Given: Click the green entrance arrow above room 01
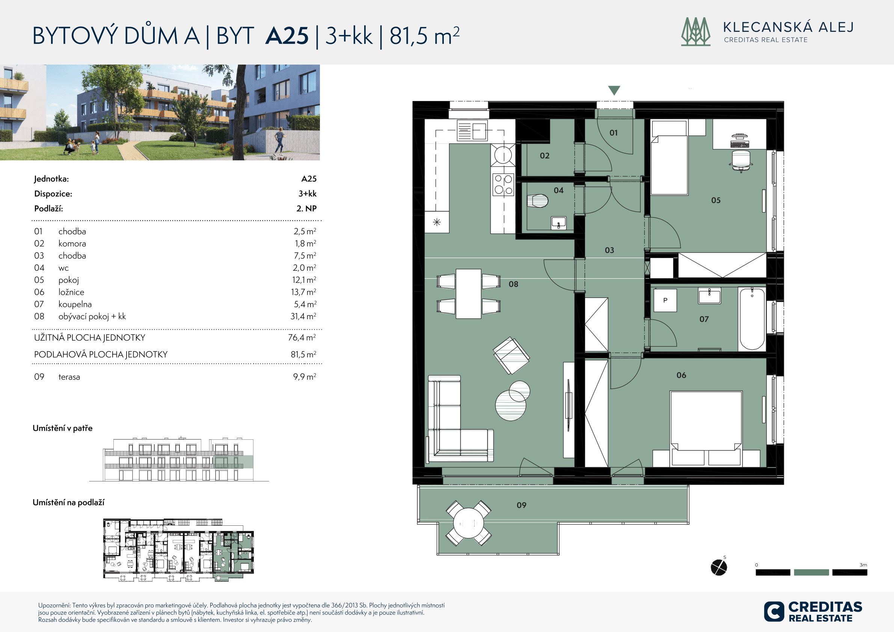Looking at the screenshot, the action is coord(614,90).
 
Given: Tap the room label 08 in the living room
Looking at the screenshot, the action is coord(513,284).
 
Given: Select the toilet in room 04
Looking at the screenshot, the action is coord(538,201).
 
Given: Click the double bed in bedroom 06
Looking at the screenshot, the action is coord(706,428).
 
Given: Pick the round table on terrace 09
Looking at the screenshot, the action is coord(469,523).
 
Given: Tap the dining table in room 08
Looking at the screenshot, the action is coord(469,294).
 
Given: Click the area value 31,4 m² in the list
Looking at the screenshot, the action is coord(303,316).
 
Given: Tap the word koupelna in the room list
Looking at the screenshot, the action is coord(75,304).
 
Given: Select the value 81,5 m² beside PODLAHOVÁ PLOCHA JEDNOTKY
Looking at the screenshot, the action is coord(303,354).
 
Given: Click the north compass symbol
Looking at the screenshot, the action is coord(719,567).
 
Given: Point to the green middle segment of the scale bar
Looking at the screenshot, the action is coord(811,572).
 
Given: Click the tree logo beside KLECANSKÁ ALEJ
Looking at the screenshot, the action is coord(695,32).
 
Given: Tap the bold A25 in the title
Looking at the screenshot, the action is coord(287,36).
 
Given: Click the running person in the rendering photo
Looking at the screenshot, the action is coord(279,142).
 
